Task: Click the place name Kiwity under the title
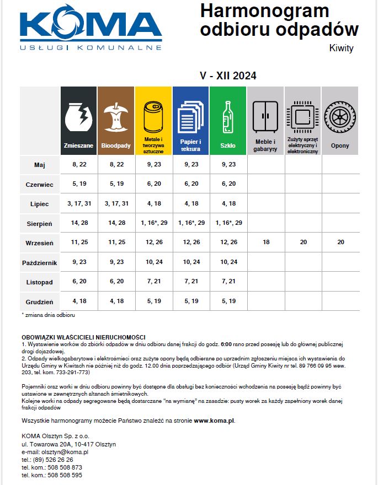[341, 48]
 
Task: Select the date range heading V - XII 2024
[228, 76]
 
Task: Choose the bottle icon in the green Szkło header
[228, 116]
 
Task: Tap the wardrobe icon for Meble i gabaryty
[265, 117]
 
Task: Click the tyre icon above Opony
[340, 117]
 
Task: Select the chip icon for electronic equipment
[302, 116]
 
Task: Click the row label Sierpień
[40, 224]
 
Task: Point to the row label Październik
[40, 262]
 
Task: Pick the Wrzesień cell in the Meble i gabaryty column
[265, 242]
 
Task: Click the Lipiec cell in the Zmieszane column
[79, 204]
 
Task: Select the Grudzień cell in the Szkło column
[228, 301]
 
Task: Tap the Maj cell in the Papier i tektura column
[190, 164]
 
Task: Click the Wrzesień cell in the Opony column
[340, 242]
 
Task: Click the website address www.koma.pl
[214, 421]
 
